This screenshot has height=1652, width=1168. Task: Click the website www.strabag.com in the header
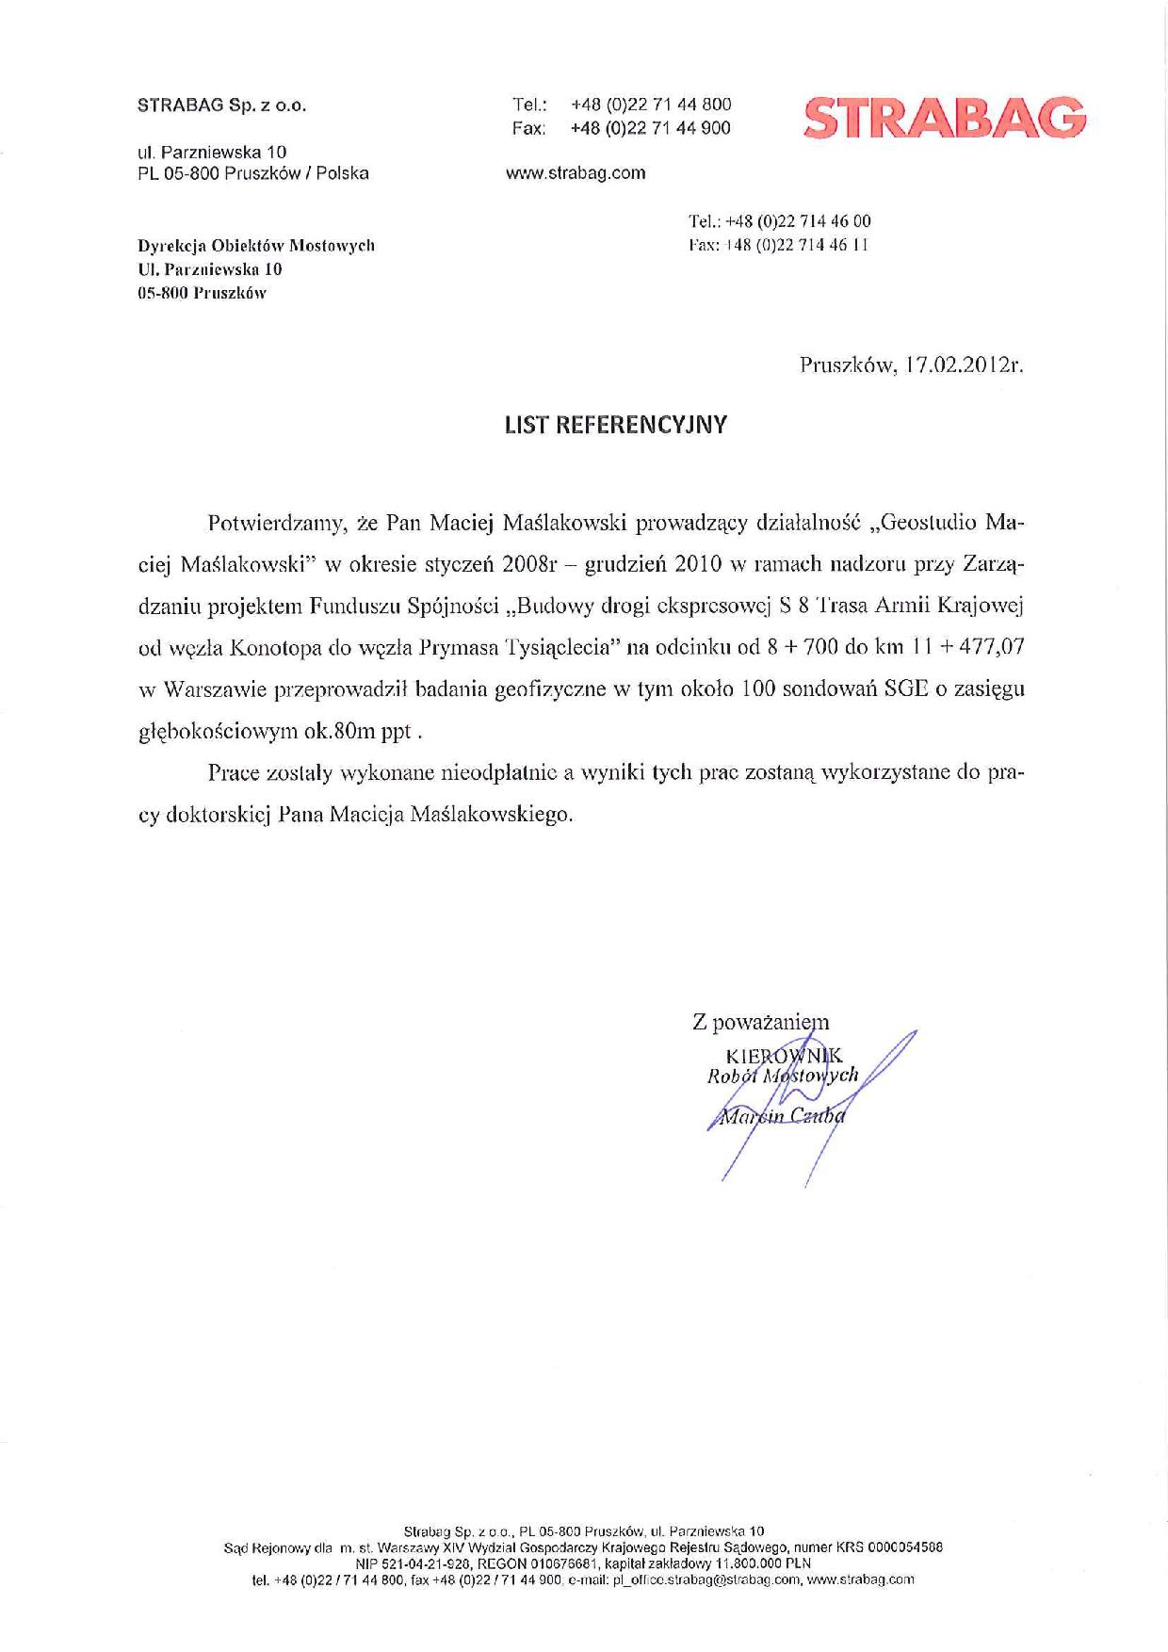pos(576,172)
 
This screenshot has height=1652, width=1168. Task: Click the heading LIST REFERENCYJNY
pos(616,425)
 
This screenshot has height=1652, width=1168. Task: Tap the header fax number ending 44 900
pos(650,128)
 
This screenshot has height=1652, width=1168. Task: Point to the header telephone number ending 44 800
pos(650,105)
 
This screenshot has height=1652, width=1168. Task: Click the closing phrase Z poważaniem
pos(761,1021)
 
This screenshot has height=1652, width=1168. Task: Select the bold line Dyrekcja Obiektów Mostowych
pos(256,246)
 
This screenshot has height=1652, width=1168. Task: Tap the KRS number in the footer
pos(903,1547)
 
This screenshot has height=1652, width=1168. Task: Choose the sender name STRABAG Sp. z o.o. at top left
pos(222,105)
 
